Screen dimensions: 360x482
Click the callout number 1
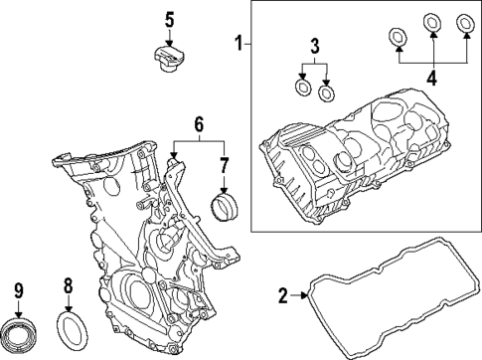click(238, 44)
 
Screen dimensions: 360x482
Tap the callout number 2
click(282, 295)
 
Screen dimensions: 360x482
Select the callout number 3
click(314, 46)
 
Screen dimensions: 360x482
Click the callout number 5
click(169, 19)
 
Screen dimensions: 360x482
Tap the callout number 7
click(224, 163)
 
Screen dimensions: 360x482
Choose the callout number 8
click(68, 287)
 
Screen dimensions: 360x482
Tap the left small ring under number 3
click(302, 89)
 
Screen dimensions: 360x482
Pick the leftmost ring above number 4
click(396, 39)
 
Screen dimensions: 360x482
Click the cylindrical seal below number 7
click(226, 210)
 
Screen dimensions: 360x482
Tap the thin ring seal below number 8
click(75, 327)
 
